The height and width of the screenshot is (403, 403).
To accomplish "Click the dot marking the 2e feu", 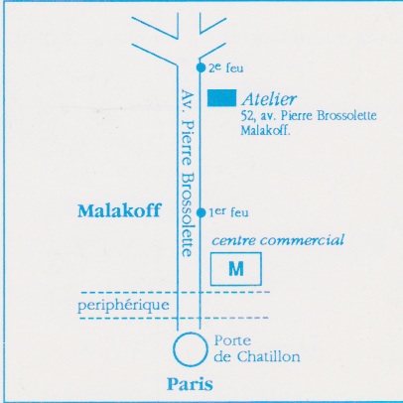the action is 201,67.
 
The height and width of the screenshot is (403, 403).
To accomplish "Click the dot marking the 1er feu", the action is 201,212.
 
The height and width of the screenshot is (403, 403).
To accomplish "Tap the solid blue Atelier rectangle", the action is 221,98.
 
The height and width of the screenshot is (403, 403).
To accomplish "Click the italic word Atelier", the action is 269,99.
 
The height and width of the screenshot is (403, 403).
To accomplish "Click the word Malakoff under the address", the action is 265,130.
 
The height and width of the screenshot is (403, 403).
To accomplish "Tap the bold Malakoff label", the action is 119,210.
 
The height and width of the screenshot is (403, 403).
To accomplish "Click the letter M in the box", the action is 236,269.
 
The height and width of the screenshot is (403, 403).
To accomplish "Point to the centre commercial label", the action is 278,240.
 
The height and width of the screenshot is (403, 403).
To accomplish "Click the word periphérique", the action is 123,305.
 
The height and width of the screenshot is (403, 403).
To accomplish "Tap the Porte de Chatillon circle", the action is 191,335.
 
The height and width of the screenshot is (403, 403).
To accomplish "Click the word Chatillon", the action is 268,356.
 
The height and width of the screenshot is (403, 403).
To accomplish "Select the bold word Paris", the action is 190,385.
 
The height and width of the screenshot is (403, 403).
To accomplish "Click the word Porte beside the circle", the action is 232,340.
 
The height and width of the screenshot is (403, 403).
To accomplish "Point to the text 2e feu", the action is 226,67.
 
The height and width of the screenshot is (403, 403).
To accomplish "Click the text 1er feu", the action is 228,212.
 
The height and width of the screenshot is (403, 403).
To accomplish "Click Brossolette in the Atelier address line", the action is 346,116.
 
